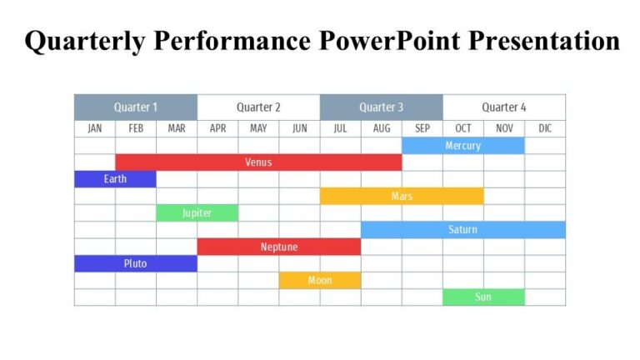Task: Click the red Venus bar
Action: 258,162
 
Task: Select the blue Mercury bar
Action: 462,146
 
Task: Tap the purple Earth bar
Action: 115,179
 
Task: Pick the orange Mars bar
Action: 402,197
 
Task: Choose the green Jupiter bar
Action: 197,213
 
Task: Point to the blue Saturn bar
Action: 462,230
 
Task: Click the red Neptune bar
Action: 278,247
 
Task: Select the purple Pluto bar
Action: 135,264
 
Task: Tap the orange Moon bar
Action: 320,281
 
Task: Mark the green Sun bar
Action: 483,297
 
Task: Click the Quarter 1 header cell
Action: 135,107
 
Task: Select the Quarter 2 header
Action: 258,107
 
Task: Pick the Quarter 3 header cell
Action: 381,107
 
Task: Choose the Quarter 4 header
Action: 504,107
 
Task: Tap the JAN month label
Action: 94,128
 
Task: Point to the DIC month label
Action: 545,128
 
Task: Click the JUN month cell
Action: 299,128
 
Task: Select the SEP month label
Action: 422,128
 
